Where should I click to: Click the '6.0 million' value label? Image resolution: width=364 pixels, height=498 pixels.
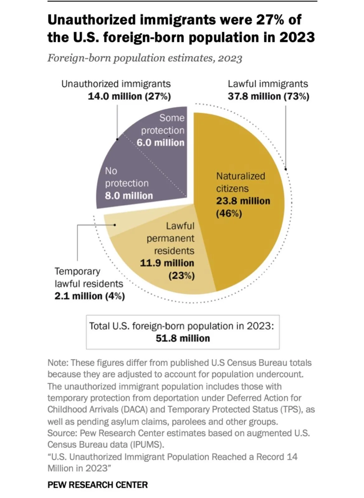click(160, 143)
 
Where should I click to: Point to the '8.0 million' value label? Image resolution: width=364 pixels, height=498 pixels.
click(129, 196)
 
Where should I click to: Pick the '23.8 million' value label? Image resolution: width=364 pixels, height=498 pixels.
click(243, 201)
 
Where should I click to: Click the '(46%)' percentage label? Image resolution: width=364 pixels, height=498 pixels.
click(229, 214)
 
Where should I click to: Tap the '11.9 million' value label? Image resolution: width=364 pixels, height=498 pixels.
click(167, 263)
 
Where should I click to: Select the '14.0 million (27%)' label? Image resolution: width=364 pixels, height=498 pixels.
click(129, 96)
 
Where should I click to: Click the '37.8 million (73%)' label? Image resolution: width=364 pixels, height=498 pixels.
click(268, 96)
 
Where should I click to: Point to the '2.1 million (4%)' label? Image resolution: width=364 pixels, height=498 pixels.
click(90, 296)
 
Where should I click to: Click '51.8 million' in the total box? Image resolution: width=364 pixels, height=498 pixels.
click(183, 338)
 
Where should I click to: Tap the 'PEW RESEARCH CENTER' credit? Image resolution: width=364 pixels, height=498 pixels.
click(97, 485)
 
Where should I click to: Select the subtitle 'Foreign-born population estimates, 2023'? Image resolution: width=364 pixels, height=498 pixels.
click(145, 58)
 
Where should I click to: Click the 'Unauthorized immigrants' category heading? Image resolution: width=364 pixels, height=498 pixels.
click(116, 84)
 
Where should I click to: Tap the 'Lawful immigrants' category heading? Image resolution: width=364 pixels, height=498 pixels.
click(268, 84)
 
